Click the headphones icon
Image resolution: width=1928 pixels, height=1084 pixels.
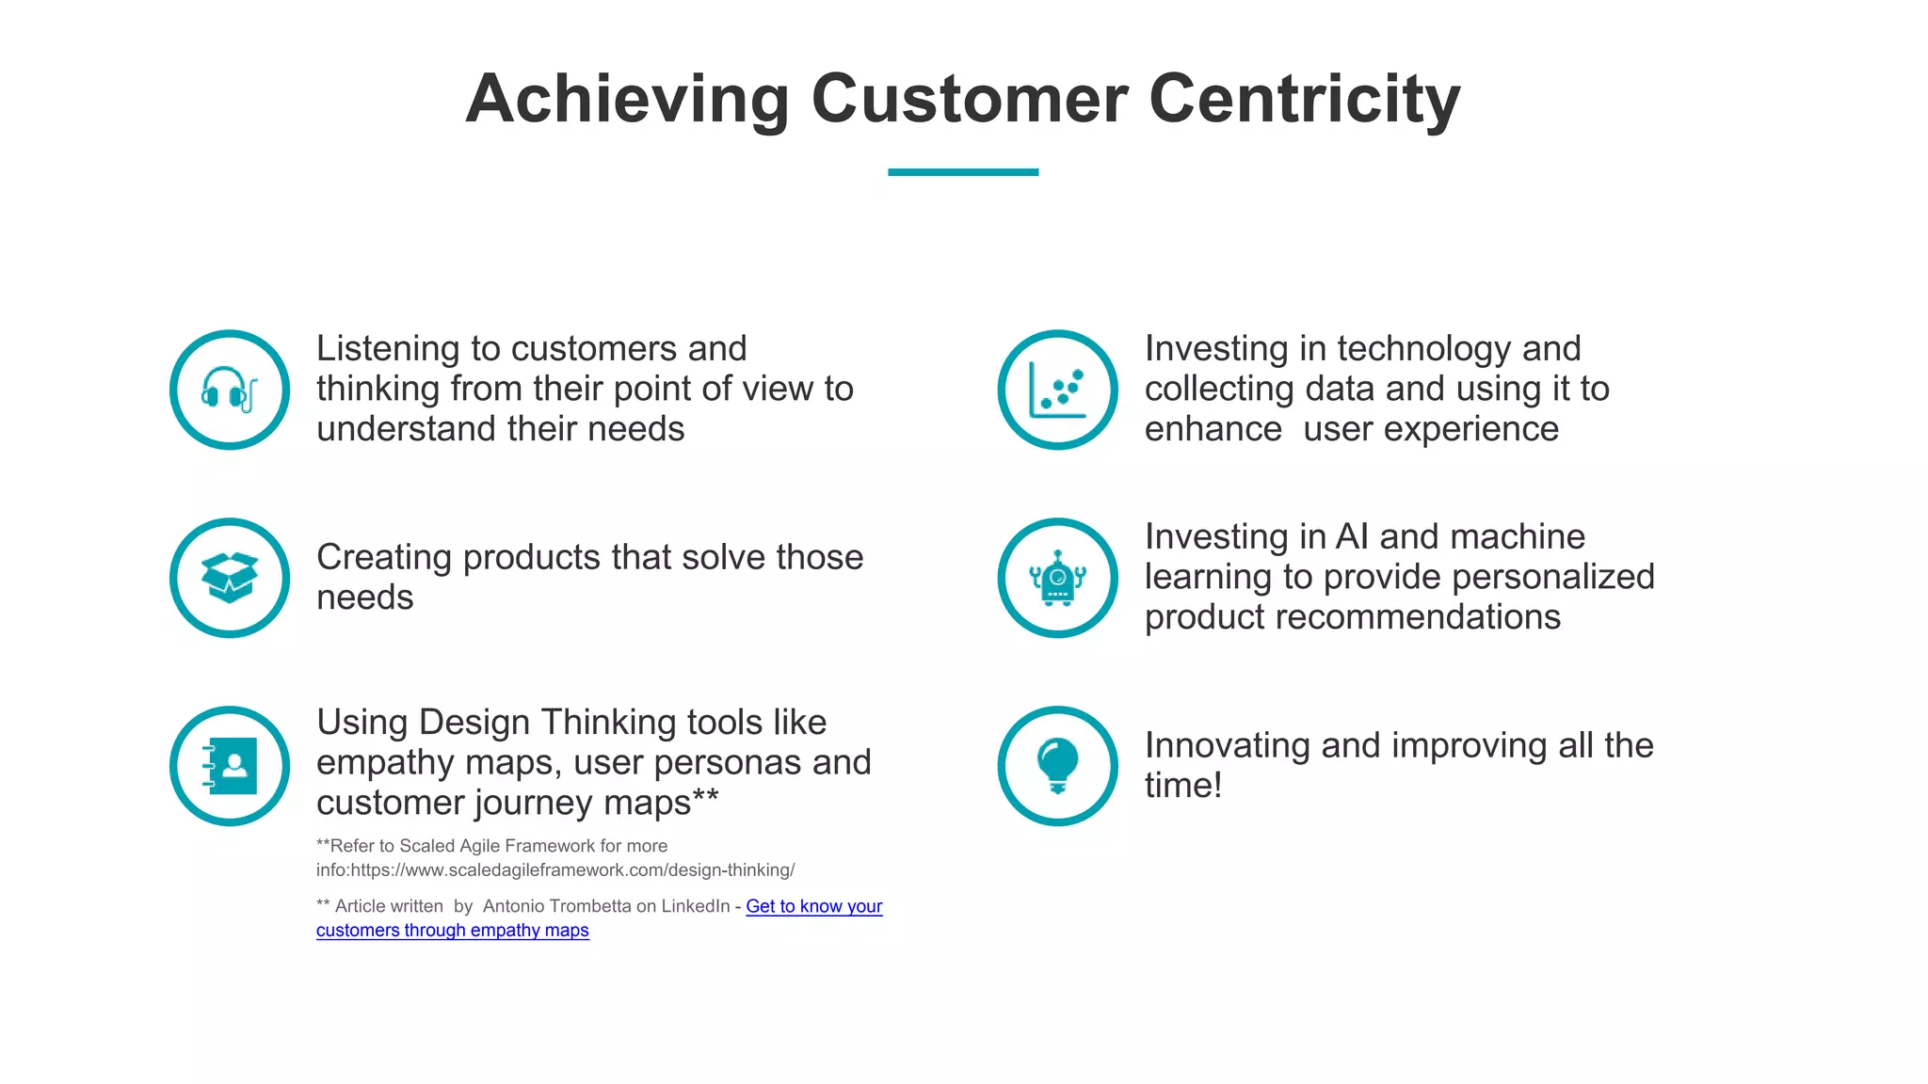229,390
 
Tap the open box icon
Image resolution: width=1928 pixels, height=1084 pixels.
229,578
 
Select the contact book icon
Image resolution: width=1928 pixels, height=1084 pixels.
229,766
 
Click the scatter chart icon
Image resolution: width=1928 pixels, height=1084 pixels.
1057,390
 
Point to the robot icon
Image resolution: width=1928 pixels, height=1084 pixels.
1057,578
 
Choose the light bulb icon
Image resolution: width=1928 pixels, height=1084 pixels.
1057,766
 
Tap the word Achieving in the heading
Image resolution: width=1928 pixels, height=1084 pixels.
627,99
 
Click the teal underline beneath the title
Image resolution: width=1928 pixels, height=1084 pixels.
962,172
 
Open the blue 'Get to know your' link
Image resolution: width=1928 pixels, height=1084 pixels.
813,906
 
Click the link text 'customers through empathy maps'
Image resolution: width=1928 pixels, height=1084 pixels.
452,931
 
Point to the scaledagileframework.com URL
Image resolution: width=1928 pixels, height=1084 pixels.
572,870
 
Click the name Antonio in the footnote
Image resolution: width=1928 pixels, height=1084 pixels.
513,906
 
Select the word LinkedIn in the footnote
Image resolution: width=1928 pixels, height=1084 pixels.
695,906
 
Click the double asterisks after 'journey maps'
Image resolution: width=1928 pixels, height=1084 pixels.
706,800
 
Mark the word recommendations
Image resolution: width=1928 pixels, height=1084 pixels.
1418,617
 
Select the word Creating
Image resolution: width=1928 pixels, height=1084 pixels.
384,557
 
